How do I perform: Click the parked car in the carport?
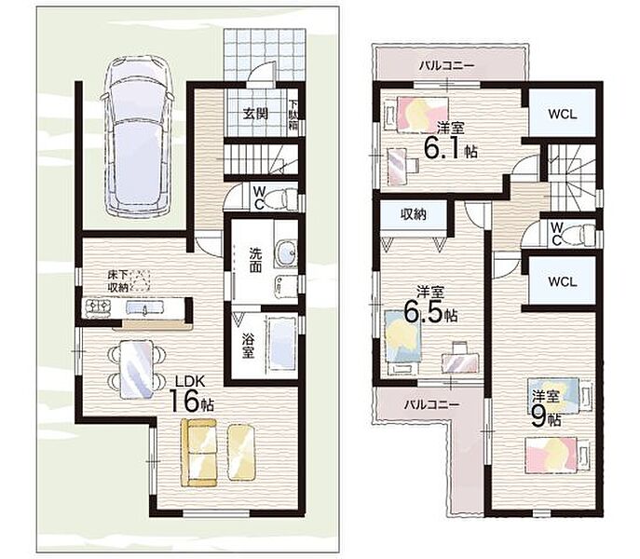coord(138,136)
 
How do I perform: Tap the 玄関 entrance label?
coord(255,114)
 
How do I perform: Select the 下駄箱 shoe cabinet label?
coord(293,116)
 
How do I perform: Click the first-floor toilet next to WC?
coord(285,198)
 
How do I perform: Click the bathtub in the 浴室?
coord(281,344)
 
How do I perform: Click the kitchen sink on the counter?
coord(144,307)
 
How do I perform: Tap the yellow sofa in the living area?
coord(198,453)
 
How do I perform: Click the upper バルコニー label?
coord(447,65)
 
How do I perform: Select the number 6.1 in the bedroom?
coord(443,148)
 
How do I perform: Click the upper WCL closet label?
coord(563,115)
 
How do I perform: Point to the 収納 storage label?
coord(414,214)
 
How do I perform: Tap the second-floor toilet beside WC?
coord(581,235)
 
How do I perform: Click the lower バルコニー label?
coord(432,404)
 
